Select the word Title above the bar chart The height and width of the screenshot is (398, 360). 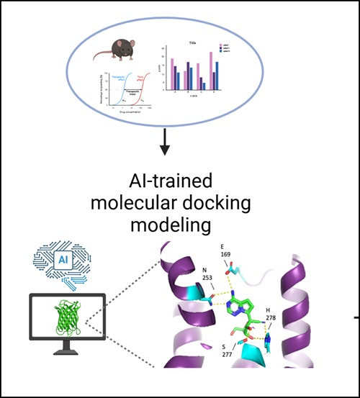pos(192,43)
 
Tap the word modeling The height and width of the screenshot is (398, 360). pos(170,226)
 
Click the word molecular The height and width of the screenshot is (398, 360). pos(134,204)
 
